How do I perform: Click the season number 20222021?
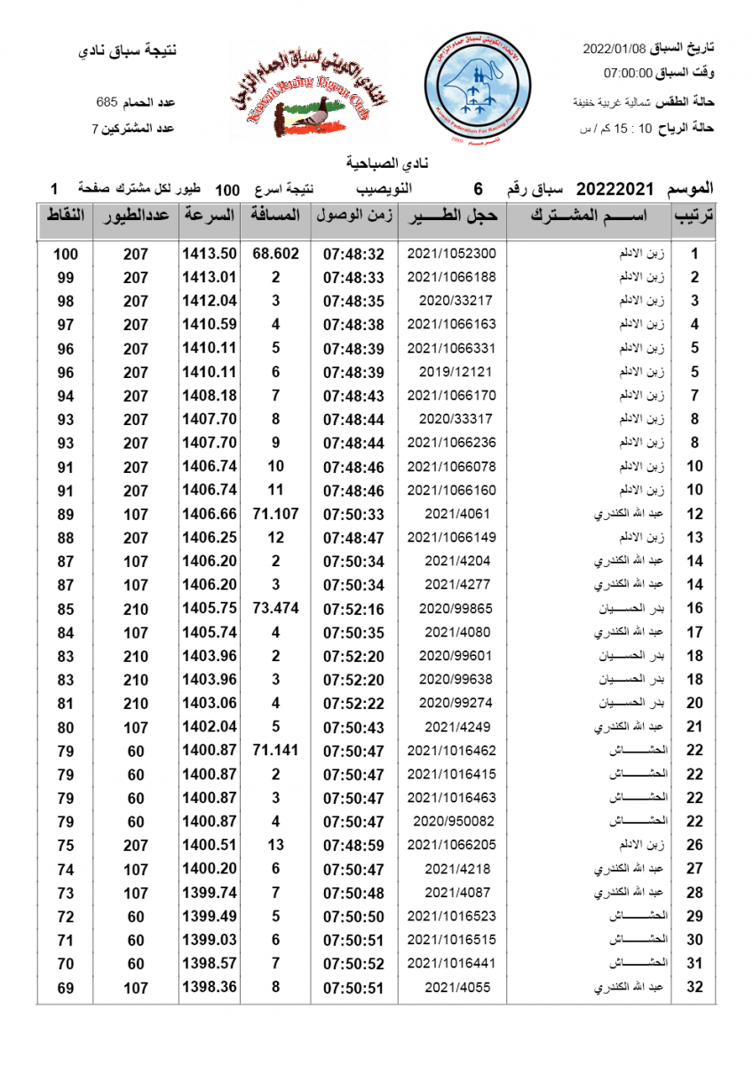(614, 189)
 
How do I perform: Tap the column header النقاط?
(65, 216)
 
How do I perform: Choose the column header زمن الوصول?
(353, 216)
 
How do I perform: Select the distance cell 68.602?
(275, 254)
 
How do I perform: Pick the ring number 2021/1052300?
(452, 254)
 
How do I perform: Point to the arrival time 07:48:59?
(353, 845)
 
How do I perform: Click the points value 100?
(65, 254)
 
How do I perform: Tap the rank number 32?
(695, 987)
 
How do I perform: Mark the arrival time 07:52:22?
(353, 703)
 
